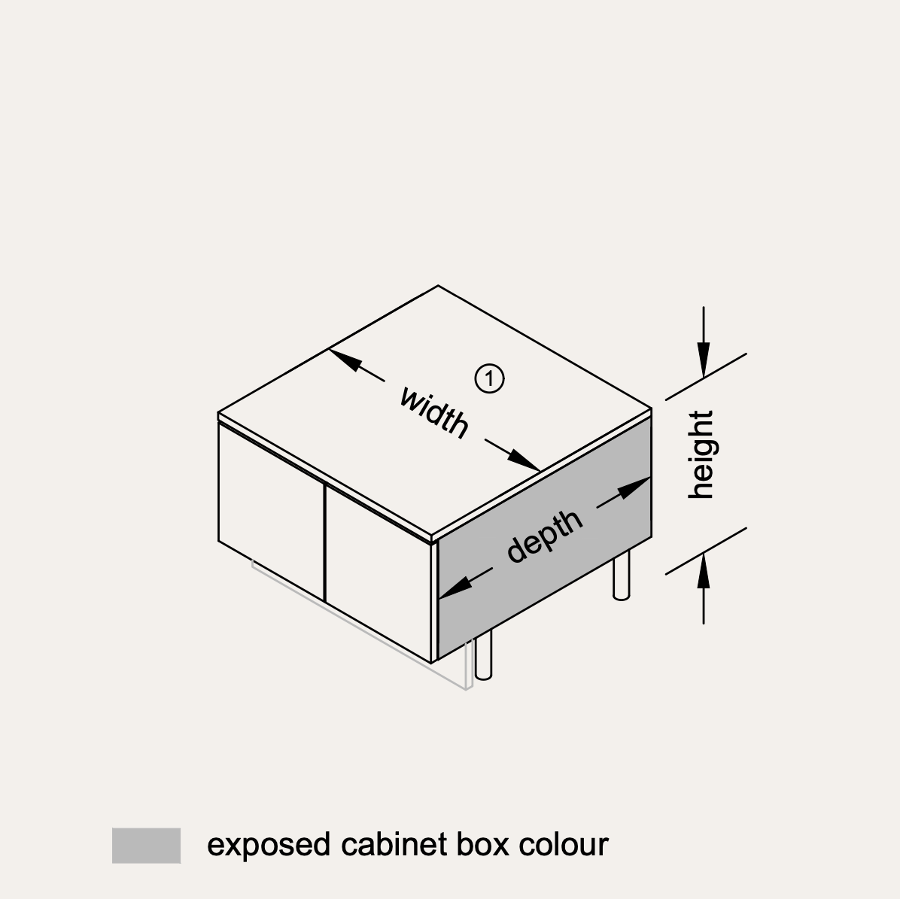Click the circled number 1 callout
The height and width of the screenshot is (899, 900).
point(490,378)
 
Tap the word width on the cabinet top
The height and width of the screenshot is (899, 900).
point(434,412)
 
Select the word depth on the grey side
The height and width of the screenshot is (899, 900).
point(545,536)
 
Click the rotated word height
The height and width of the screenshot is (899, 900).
point(701,454)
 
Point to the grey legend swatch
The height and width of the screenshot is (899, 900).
point(147,845)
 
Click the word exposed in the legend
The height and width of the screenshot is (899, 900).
point(269,845)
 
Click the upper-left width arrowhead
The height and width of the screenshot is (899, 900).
point(345,359)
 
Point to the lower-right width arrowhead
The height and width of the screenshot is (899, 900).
point(524,460)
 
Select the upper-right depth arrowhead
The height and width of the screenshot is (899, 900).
point(634,487)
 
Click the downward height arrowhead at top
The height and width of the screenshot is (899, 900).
point(704,360)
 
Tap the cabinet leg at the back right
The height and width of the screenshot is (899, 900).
point(622,576)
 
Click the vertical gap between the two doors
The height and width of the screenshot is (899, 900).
point(325,543)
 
